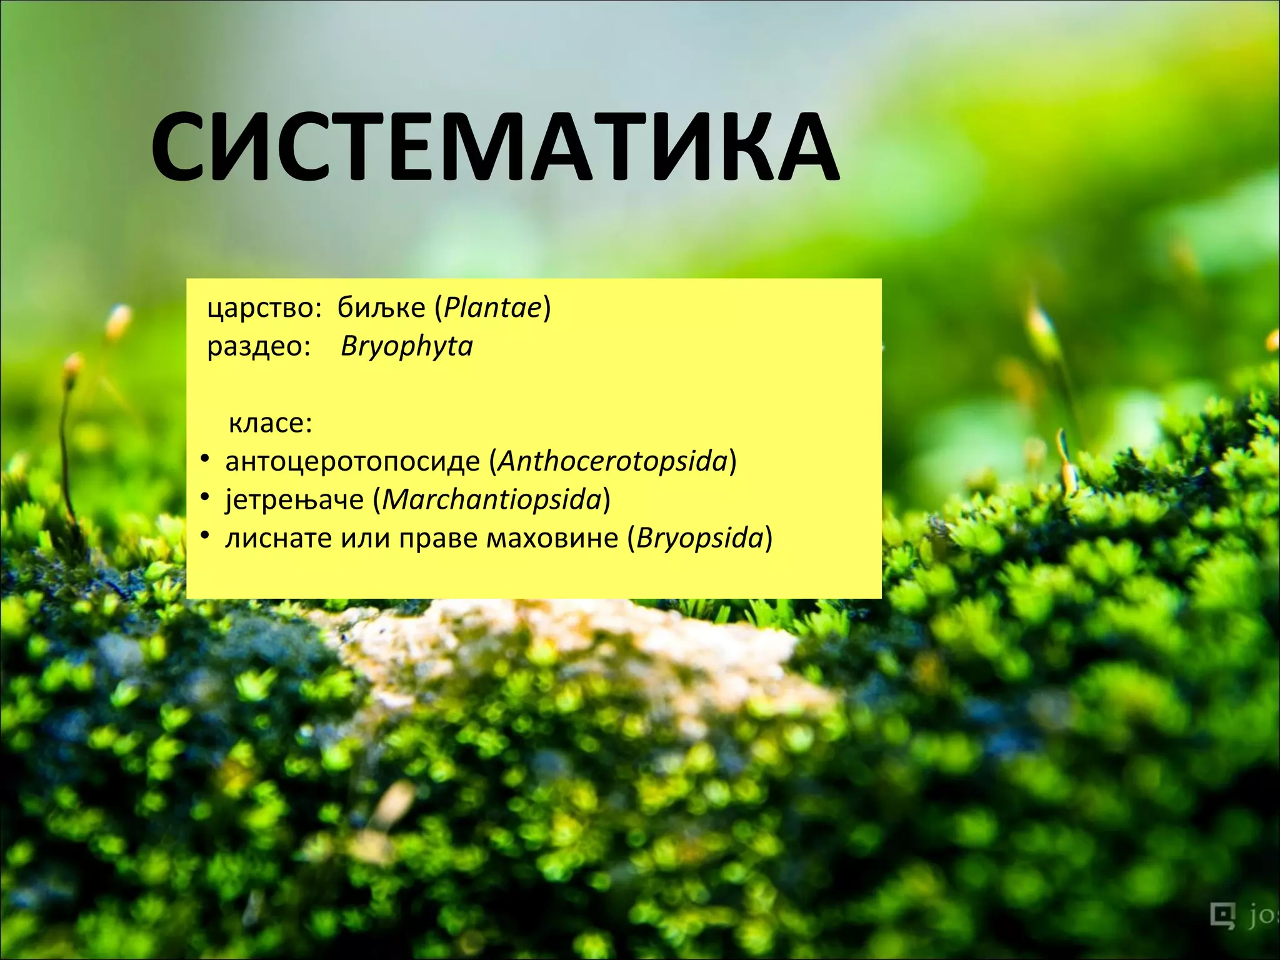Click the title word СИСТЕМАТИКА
coord(494,147)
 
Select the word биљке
coord(381,307)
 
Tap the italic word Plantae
coord(492,307)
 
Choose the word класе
coord(269,424)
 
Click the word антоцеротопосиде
coord(352,462)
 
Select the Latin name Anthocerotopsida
coord(613,462)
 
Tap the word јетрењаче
coord(294,500)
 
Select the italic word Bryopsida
coord(700,539)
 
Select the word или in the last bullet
coord(365,539)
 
